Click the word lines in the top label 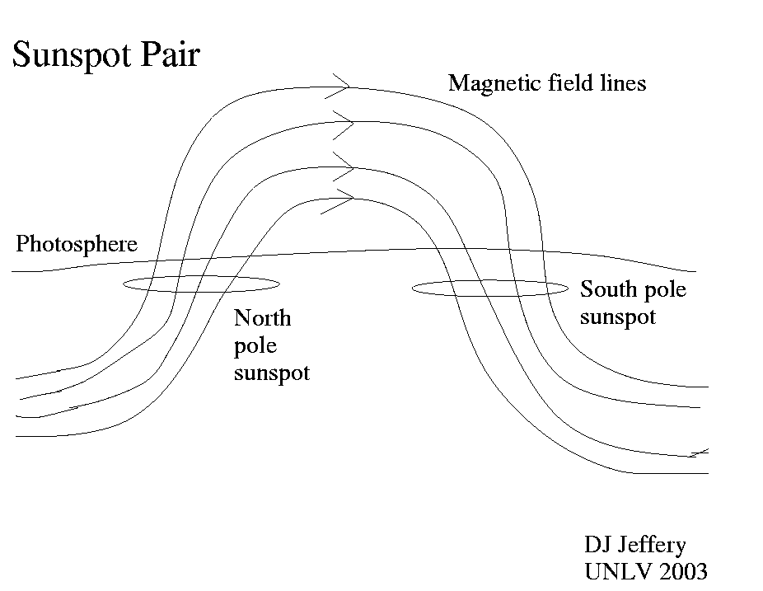pos(622,82)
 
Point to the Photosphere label pos(77,246)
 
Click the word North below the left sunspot pos(263,318)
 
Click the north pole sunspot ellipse pos(201,284)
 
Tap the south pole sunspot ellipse pos(490,288)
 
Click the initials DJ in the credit pos(598,545)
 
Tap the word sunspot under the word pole pos(272,373)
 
